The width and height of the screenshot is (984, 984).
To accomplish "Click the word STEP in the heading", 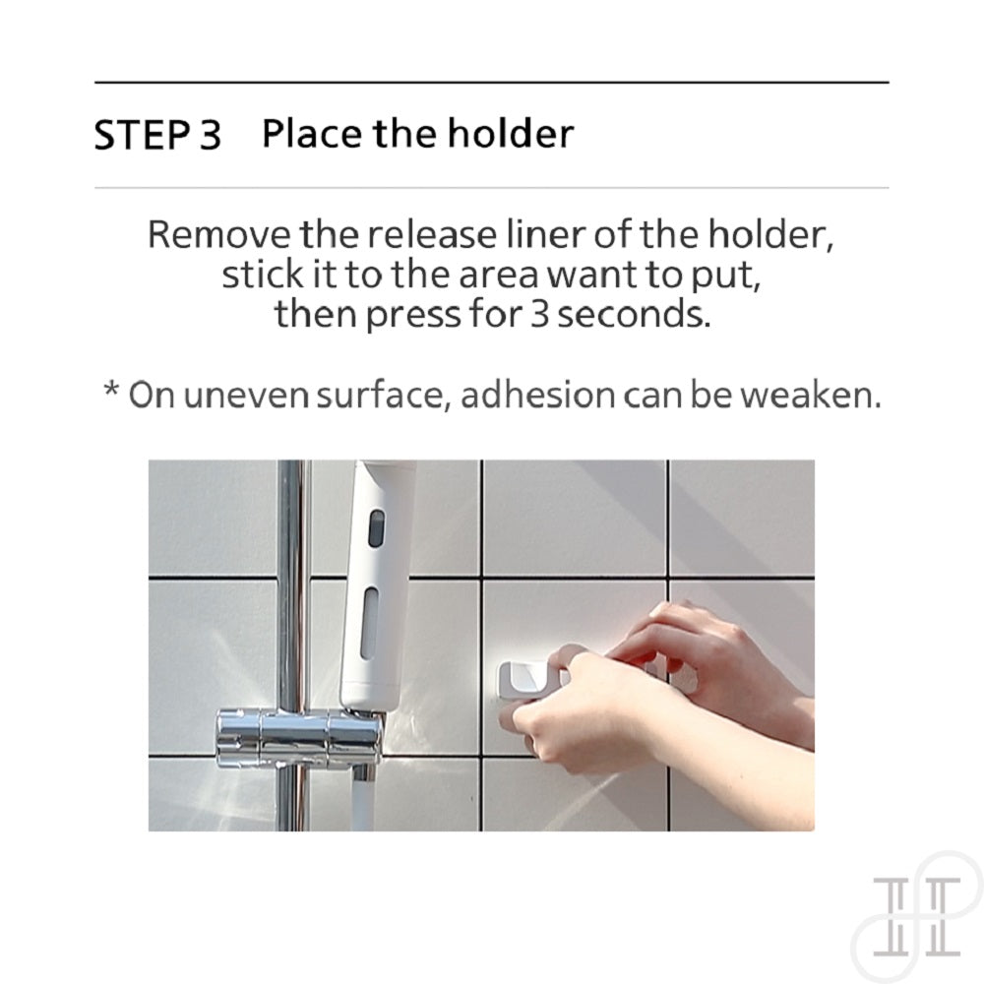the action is tap(142, 134).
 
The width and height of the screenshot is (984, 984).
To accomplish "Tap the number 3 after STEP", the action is tap(211, 134).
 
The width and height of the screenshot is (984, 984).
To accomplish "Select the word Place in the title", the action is tap(312, 133).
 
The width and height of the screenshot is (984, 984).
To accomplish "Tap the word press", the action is tap(413, 315).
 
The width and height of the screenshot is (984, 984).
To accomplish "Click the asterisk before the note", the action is tap(111, 389).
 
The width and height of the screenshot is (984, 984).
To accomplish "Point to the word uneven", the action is tap(246, 396).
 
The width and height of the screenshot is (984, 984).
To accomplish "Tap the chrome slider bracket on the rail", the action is tap(299, 739).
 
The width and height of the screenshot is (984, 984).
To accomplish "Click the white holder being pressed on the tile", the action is tap(528, 680).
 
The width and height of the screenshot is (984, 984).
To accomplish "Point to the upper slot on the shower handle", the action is tap(376, 527).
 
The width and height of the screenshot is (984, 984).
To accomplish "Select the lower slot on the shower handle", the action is tap(370, 622).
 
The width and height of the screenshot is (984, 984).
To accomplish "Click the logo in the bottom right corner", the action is tap(917, 917).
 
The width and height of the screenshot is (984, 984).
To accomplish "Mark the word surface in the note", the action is tap(383, 396).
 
